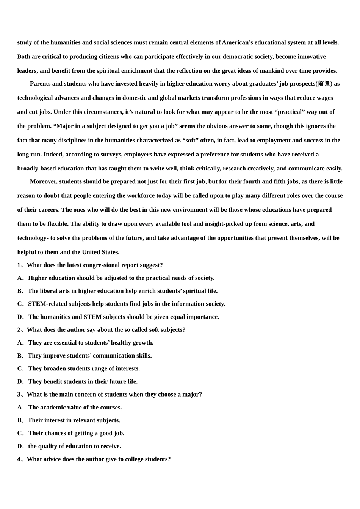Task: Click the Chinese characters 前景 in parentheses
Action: click(x=324, y=84)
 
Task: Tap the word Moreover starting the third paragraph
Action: click(x=44, y=181)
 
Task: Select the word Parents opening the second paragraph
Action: click(x=40, y=84)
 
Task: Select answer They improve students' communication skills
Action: click(x=90, y=356)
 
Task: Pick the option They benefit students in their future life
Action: click(x=83, y=381)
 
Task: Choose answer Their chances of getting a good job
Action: click(x=76, y=433)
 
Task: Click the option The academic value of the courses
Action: click(x=75, y=408)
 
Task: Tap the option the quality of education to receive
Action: click(x=74, y=446)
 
